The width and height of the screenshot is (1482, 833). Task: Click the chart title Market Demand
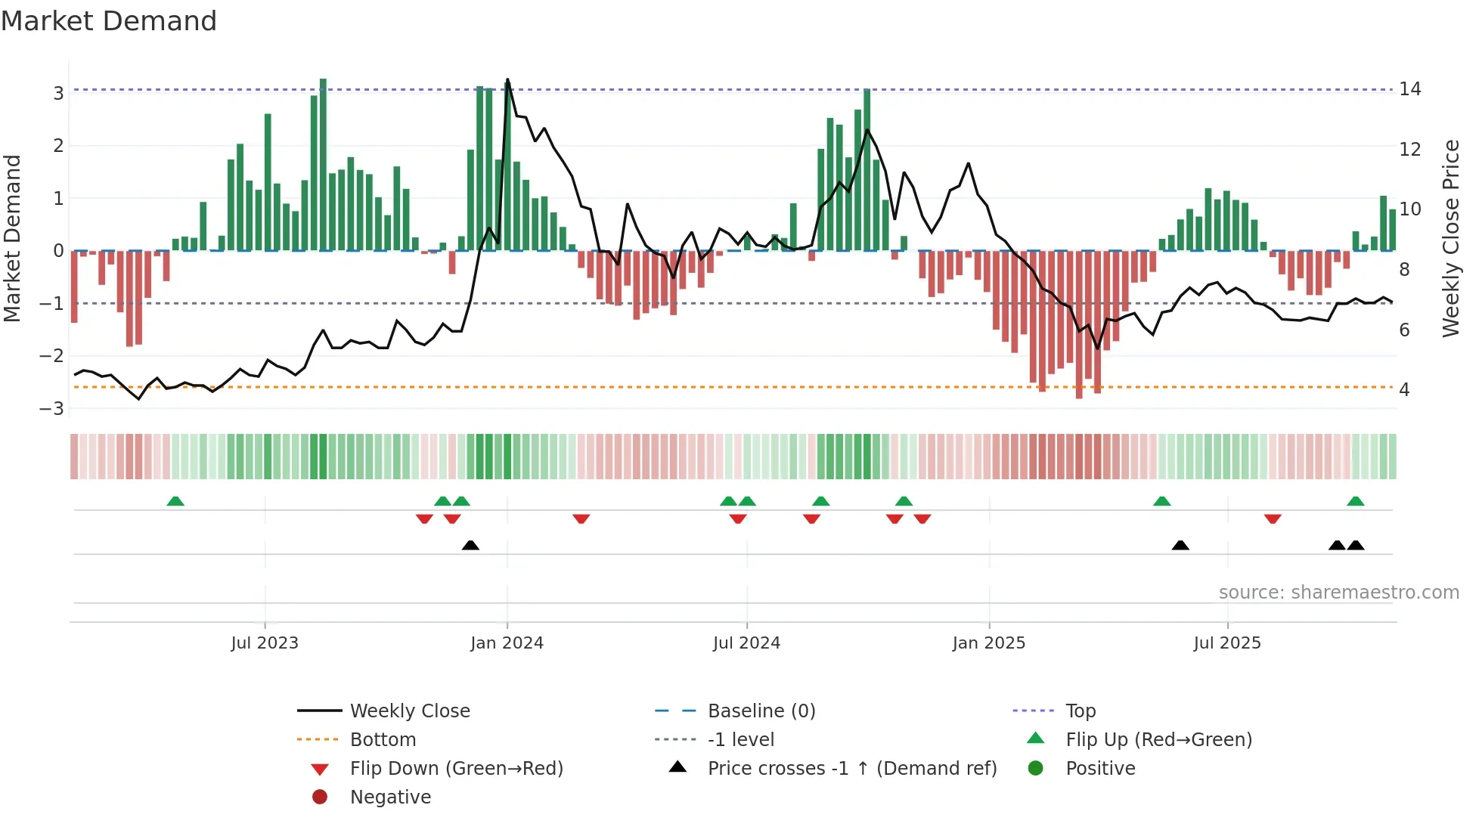pyautogui.click(x=109, y=21)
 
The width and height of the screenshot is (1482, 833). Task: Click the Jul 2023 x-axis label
pyautogui.click(x=265, y=643)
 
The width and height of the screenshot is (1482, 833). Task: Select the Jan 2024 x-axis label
pyautogui.click(x=507, y=643)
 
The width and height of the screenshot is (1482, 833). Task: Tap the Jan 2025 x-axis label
pyautogui.click(x=988, y=643)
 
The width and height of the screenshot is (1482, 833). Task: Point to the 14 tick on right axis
pyautogui.click(x=1409, y=89)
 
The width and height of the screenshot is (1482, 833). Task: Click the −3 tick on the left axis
pyautogui.click(x=52, y=409)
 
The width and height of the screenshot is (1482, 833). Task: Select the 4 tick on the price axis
pyautogui.click(x=1404, y=390)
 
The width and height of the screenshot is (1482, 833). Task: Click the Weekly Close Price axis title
pyautogui.click(x=1450, y=238)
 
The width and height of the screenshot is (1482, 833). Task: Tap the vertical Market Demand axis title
pyautogui.click(x=13, y=238)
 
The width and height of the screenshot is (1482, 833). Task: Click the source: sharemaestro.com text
pyautogui.click(x=1338, y=593)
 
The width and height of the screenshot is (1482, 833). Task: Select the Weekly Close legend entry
pyautogui.click(x=409, y=711)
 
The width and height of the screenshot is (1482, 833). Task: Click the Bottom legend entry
pyautogui.click(x=383, y=740)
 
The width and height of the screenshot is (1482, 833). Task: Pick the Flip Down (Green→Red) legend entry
pyautogui.click(x=456, y=769)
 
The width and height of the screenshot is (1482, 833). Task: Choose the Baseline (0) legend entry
pyautogui.click(x=761, y=711)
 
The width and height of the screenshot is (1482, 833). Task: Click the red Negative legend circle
pyautogui.click(x=320, y=797)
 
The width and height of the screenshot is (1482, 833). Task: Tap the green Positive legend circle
pyautogui.click(x=1036, y=769)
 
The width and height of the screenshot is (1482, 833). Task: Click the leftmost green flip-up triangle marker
pyautogui.click(x=175, y=501)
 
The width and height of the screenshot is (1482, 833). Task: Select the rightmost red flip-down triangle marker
pyautogui.click(x=1273, y=519)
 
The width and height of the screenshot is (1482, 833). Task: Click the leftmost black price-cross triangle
pyautogui.click(x=470, y=545)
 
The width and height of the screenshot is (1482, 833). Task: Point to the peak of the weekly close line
pyautogui.click(x=507, y=79)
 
